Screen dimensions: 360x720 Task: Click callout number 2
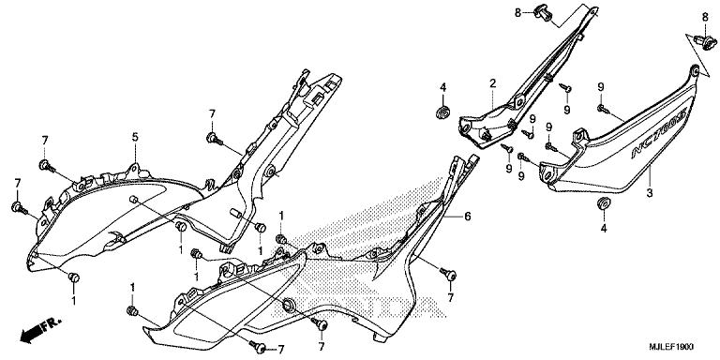[491, 84]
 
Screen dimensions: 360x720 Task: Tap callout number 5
[135, 138]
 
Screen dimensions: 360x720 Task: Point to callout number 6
[464, 215]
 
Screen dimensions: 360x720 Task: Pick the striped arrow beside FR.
[34, 331]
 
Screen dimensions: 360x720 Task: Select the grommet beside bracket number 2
[440, 112]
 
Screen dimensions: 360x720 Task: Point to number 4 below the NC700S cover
[604, 228]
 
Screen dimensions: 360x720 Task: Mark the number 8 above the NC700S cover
[705, 17]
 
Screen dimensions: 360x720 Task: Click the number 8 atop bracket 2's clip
[516, 11]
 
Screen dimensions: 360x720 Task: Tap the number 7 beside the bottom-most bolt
[280, 350]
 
